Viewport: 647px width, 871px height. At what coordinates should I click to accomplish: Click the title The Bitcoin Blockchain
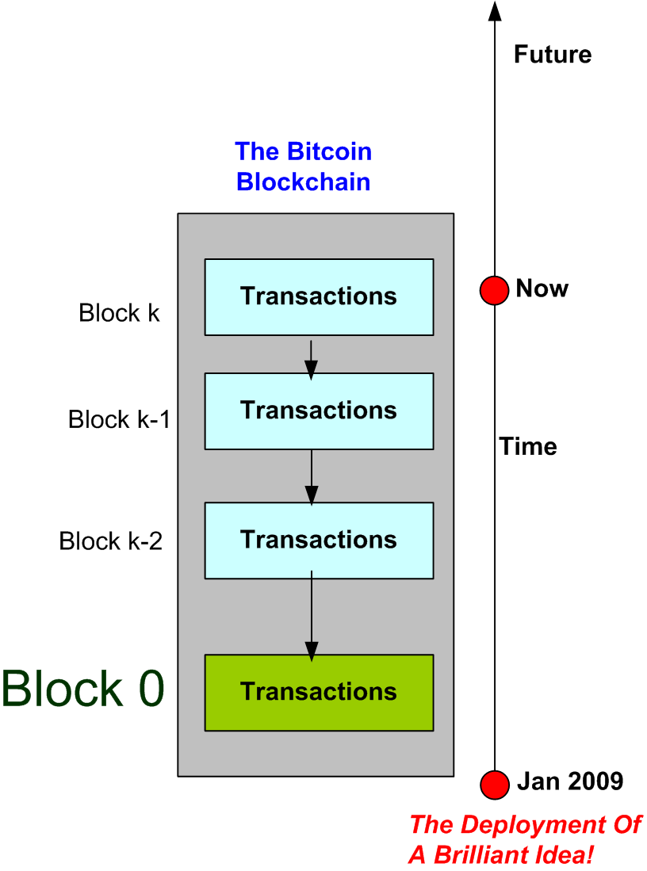pos(304,166)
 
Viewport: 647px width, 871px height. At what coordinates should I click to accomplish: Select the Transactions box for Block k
pos(319,296)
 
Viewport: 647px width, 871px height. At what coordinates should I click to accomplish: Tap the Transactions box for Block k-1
pos(319,411)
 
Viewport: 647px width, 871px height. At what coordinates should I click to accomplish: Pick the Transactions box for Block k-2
pos(319,540)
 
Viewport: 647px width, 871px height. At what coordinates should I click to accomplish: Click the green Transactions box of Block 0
pos(319,692)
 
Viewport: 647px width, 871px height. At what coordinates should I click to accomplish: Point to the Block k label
pos(119,313)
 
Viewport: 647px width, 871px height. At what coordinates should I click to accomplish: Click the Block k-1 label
pos(119,419)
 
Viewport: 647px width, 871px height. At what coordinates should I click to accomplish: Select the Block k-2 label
pos(111,541)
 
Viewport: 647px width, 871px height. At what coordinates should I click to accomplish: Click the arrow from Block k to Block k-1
pos(312,359)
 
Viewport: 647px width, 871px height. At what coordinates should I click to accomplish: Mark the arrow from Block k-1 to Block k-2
pos(312,478)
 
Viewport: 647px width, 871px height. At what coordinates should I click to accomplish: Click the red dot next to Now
pos(494,290)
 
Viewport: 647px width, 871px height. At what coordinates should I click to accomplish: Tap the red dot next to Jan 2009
pos(495,784)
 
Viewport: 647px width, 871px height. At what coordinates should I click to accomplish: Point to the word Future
pos(553,55)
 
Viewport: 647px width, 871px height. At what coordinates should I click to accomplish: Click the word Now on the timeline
pos(542,288)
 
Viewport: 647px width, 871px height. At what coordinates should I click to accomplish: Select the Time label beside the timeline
pos(528,446)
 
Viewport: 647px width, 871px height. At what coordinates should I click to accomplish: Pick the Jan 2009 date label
pos(570,781)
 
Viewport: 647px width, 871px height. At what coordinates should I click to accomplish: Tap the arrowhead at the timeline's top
pos(495,10)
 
